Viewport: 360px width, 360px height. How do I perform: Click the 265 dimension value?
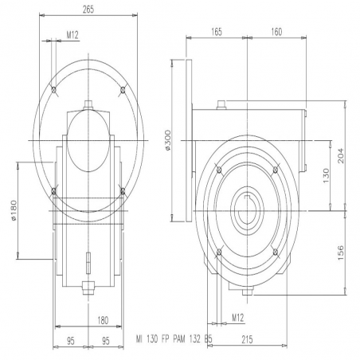88,10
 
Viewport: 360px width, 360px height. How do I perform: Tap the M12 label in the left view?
72,35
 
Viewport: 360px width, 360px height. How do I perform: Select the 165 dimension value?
217,32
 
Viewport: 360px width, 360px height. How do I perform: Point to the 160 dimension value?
276,32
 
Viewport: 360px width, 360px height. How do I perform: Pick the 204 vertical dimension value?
341,156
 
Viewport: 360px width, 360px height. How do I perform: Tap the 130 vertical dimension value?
326,175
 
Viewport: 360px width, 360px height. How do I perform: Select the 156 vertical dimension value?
341,253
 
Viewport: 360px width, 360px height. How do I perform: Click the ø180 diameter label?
14,210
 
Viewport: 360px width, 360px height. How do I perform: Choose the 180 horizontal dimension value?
103,320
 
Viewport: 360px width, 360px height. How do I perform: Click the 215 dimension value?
247,339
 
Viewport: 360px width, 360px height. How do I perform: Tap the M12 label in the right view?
238,318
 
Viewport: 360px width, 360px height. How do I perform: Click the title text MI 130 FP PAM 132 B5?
174,339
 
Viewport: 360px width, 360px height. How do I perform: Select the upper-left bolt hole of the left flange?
54,90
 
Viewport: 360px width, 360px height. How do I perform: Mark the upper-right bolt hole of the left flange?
123,90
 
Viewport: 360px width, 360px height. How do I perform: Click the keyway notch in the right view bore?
247,198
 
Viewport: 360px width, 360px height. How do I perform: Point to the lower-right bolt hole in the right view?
276,252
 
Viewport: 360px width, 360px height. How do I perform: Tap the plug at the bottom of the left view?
88,288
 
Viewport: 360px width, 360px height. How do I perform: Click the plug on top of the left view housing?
88,104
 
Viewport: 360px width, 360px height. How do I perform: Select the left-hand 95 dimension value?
71,341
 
